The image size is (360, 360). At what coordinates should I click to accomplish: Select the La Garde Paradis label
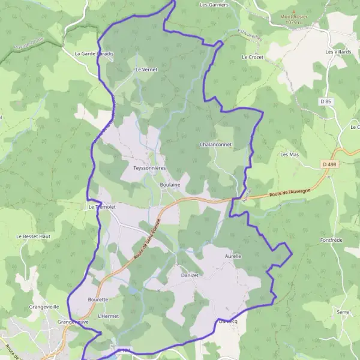coord(94,53)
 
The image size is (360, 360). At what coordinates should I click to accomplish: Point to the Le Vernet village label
coord(146,70)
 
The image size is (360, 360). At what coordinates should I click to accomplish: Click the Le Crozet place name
coord(252,57)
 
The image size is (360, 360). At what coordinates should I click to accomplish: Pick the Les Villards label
coord(338,52)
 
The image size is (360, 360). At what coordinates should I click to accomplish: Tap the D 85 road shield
coord(326,102)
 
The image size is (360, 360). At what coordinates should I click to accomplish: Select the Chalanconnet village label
coord(216,145)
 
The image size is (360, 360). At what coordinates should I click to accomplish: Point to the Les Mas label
coord(290,154)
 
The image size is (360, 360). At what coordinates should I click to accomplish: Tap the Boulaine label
coord(170,185)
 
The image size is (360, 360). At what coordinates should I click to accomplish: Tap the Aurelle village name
coord(233,256)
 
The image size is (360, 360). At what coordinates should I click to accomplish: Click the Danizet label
coord(190,275)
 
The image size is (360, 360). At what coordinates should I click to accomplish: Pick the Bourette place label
coord(98,299)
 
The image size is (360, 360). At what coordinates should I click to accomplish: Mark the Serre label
coord(343,312)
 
